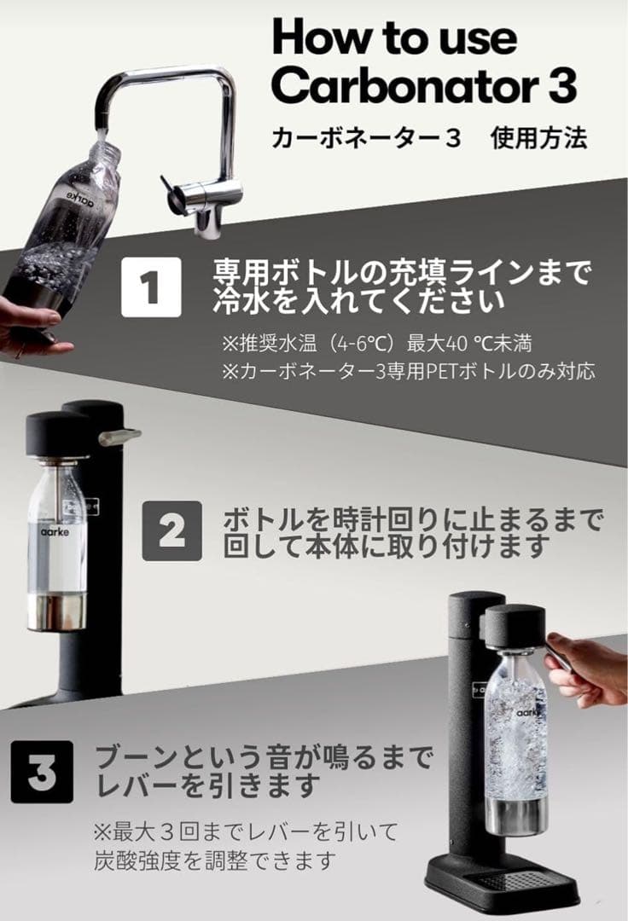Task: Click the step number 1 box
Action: [151, 287]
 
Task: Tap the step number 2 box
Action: [172, 530]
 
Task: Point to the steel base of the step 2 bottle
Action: [56, 612]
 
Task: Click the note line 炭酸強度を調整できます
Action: [213, 860]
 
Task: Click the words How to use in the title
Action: [393, 38]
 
